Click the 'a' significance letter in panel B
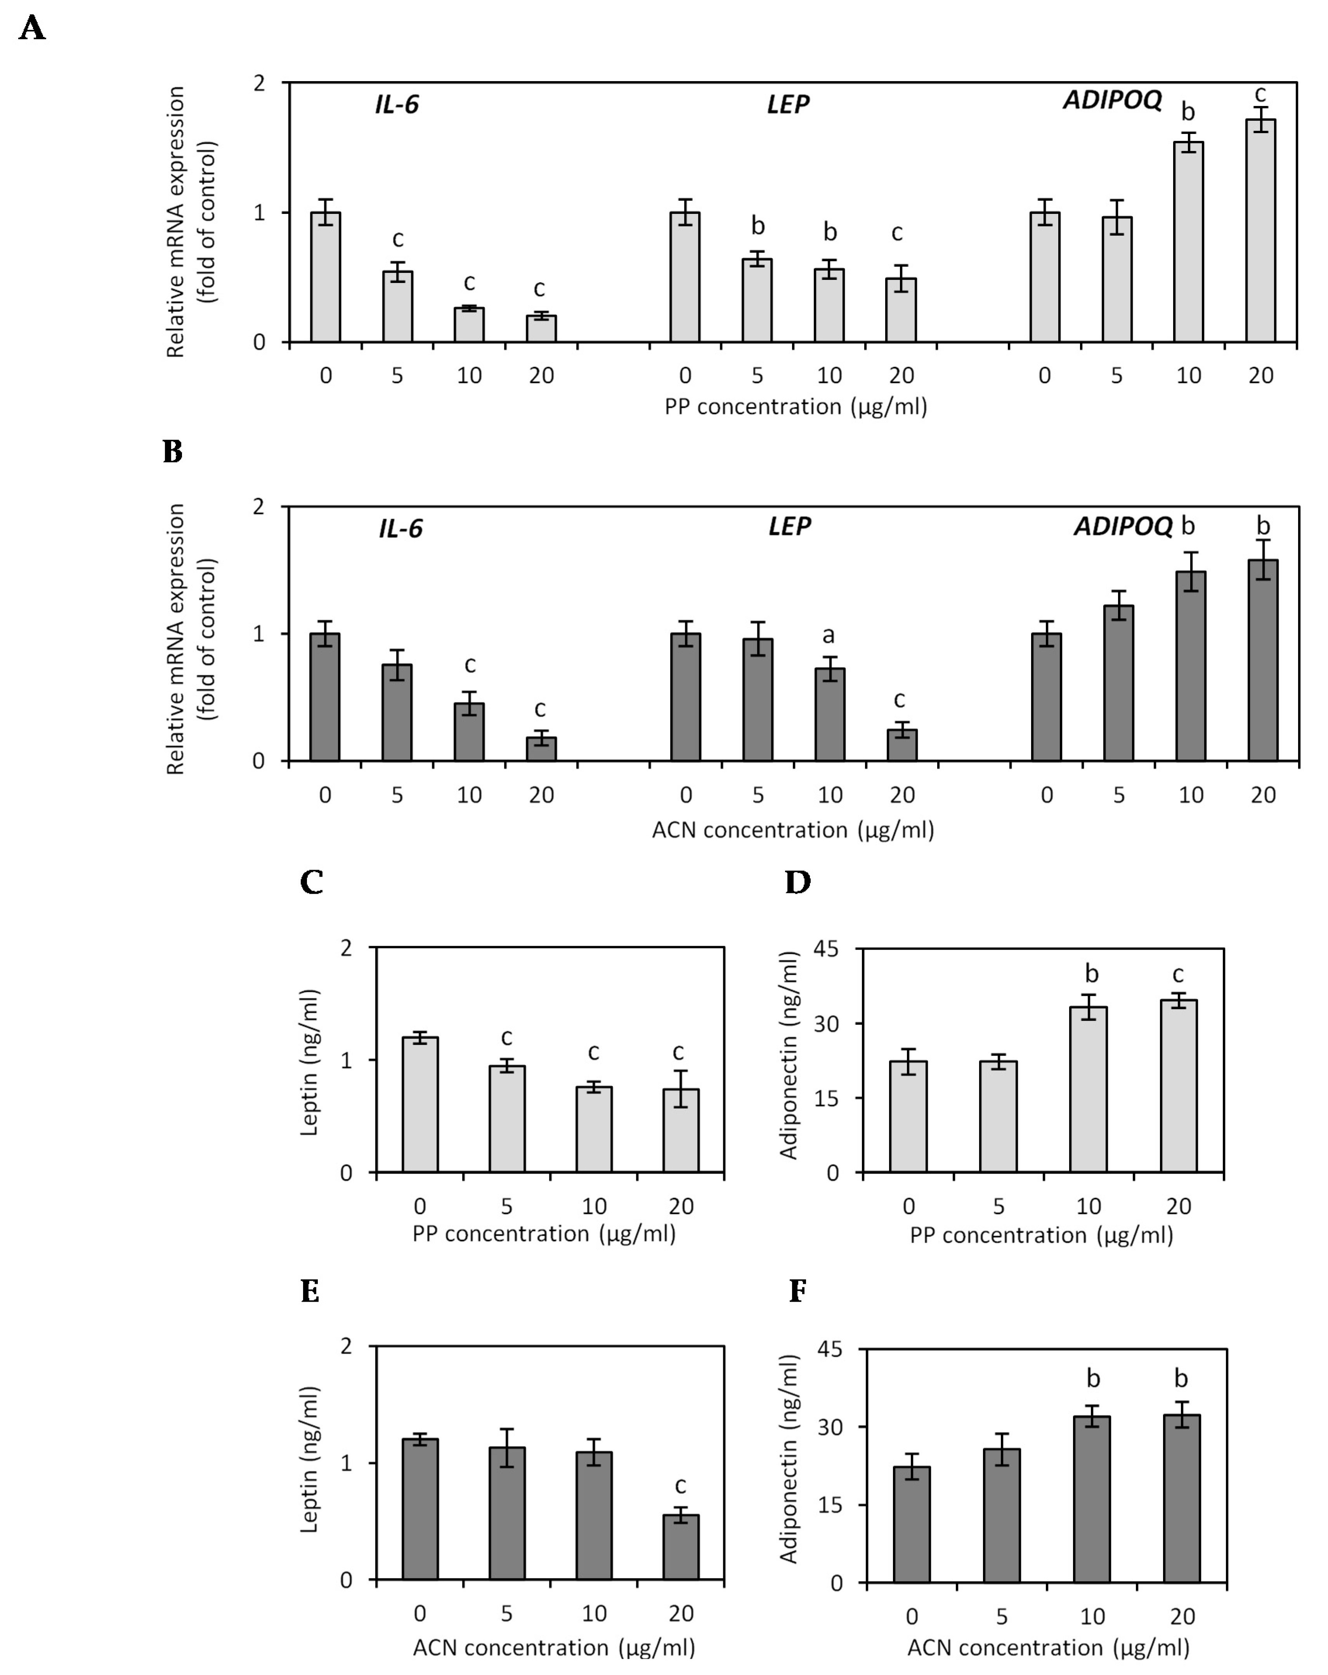(828, 636)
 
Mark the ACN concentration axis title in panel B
(792, 830)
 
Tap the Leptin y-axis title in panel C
(309, 1062)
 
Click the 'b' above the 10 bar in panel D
(1091, 973)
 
